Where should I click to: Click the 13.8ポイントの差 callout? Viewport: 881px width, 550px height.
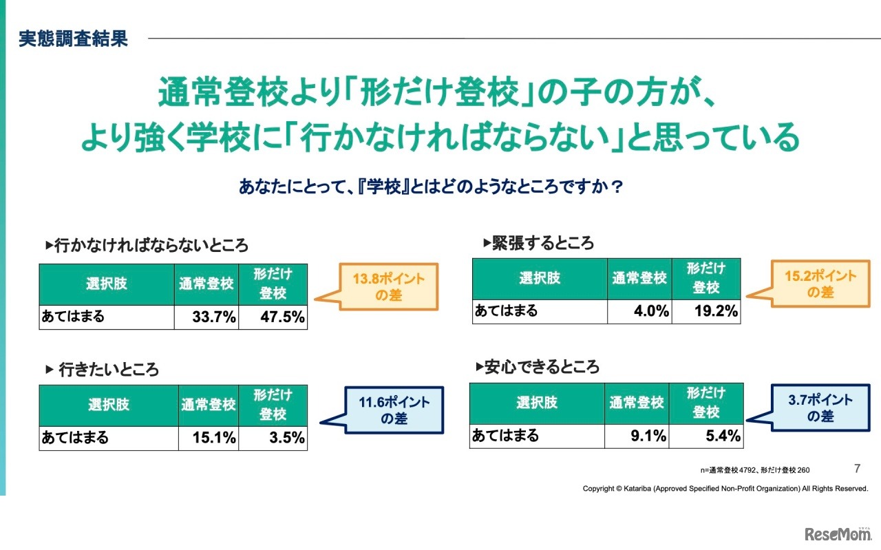point(389,287)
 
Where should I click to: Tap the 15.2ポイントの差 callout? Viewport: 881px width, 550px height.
point(820,284)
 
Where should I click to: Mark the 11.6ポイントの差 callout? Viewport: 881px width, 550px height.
point(394,410)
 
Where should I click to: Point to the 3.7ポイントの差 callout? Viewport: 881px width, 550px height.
point(820,408)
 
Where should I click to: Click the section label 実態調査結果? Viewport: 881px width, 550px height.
point(73,39)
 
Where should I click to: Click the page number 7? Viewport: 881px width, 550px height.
point(857,469)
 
